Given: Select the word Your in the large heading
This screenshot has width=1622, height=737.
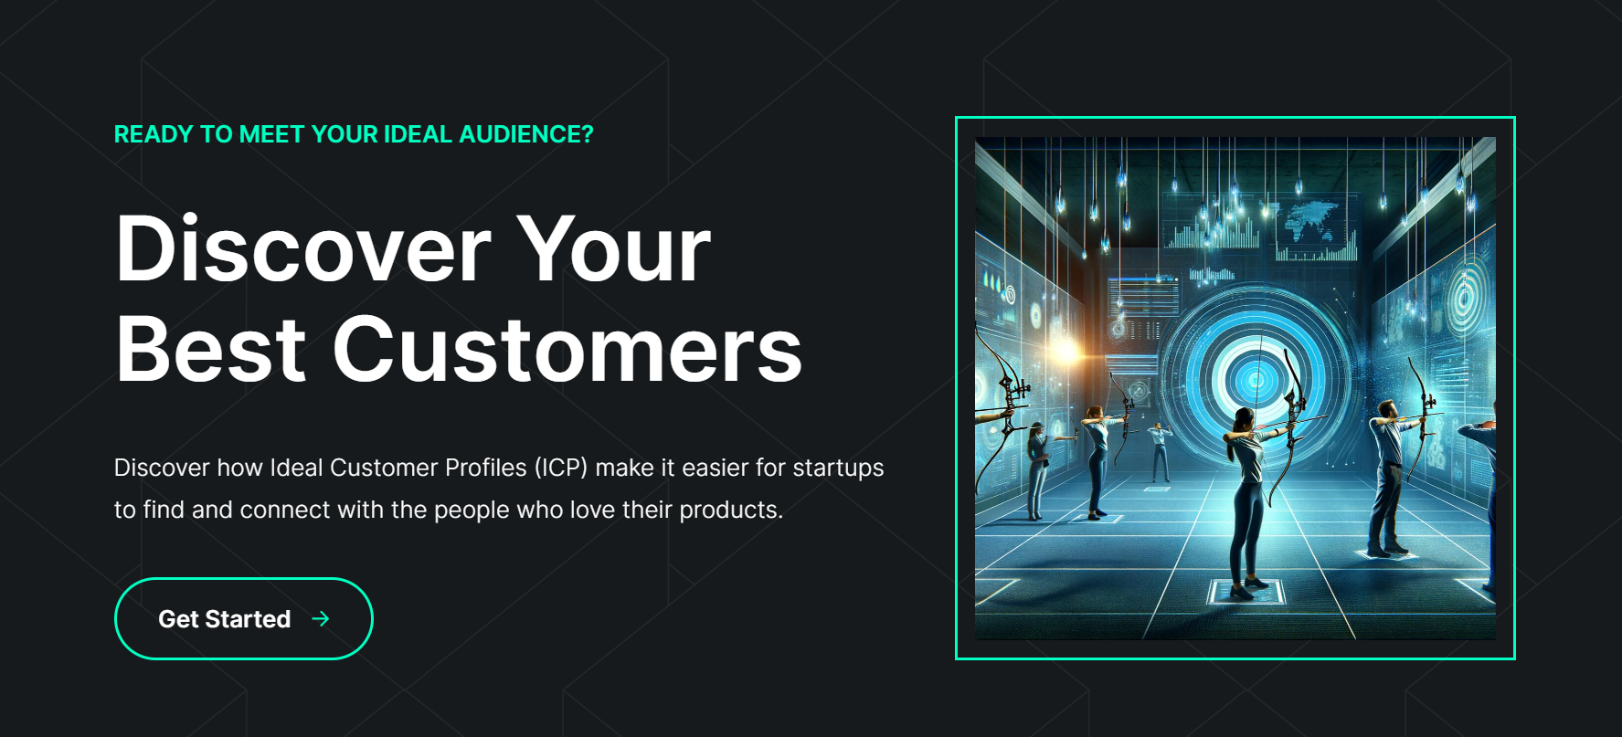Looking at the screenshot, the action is click(x=614, y=248).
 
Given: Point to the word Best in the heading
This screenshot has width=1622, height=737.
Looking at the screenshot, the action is click(x=211, y=350).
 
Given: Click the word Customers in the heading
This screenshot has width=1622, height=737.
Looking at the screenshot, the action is click(x=567, y=350).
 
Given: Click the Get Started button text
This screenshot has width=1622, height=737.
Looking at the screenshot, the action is click(x=224, y=619).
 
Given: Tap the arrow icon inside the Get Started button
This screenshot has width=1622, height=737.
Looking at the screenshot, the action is click(x=320, y=619).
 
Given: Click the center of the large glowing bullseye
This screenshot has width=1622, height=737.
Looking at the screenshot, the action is click(x=1256, y=379).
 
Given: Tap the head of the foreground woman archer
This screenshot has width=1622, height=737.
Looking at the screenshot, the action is click(x=1242, y=421).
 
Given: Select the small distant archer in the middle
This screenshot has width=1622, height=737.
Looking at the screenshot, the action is click(x=1160, y=452).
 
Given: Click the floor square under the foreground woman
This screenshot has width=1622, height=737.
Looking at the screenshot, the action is click(x=1246, y=592).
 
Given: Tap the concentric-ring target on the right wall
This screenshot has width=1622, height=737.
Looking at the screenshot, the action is click(x=1463, y=297).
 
